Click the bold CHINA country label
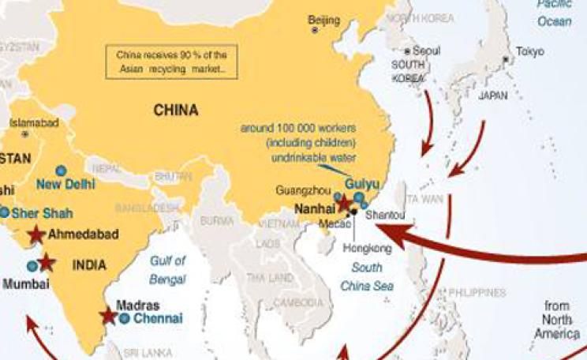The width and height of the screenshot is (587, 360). pos(175,111)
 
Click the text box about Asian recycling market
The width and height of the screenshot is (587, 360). pos(170,62)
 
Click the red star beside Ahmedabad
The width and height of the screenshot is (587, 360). pos(35,234)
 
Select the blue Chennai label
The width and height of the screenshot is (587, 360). pos(157,319)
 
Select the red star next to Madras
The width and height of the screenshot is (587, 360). pos(107,316)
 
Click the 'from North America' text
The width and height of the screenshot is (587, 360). pos(561,320)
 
